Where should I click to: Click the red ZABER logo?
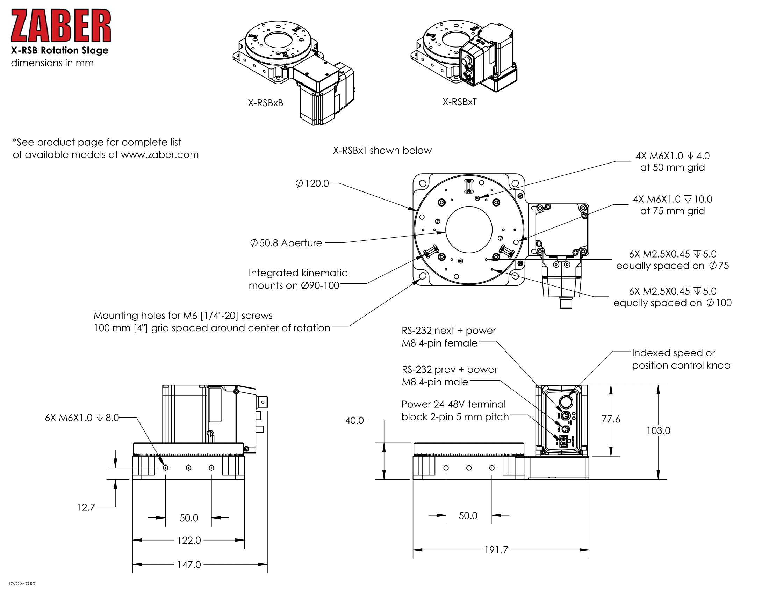tap(60, 26)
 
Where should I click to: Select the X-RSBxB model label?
tap(265, 103)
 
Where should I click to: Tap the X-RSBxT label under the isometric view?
tap(459, 102)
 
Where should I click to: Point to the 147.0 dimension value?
tap(189, 564)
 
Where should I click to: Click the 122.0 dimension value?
tap(189, 540)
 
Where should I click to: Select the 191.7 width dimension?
tap(496, 550)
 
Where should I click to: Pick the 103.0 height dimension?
tap(658, 430)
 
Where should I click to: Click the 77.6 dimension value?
tap(611, 419)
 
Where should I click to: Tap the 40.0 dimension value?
tap(354, 420)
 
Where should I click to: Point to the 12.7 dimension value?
tap(86, 507)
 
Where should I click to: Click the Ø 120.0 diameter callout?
tap(312, 183)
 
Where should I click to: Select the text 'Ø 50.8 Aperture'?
tap(286, 243)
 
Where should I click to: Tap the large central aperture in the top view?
tap(469, 230)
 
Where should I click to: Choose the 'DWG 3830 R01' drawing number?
tap(23, 584)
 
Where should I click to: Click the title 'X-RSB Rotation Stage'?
tap(59, 50)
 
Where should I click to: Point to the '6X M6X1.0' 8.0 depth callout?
tap(82, 418)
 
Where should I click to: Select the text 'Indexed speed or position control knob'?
tap(681, 359)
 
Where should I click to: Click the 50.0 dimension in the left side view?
tap(189, 518)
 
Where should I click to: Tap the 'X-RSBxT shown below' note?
tap(382, 150)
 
